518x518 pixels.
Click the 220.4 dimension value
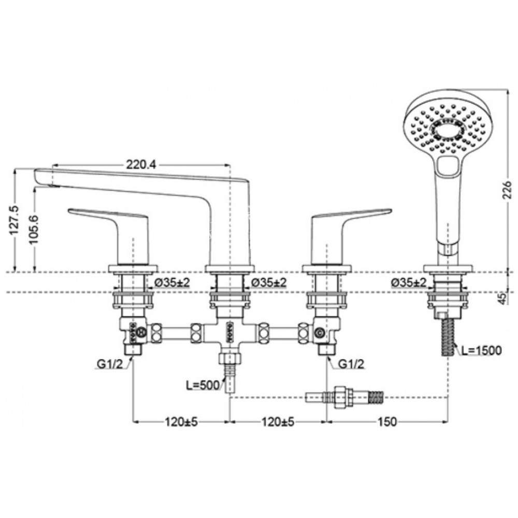[141, 165]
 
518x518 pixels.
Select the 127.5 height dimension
[14, 220]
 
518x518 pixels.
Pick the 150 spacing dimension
[387, 422]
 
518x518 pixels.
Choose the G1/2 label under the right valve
[352, 365]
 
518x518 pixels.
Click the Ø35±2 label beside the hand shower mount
[409, 283]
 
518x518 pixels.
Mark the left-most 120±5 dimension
[181, 422]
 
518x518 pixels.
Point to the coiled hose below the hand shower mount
[448, 337]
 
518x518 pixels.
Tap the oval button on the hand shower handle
[448, 167]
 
